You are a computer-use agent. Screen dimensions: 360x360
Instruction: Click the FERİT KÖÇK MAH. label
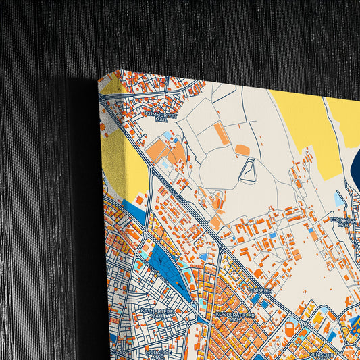point(342,222)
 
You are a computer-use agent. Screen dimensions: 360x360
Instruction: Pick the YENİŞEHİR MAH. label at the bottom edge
point(321,355)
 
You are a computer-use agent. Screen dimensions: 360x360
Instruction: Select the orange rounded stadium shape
point(290,330)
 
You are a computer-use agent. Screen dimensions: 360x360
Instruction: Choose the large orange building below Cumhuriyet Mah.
point(156,150)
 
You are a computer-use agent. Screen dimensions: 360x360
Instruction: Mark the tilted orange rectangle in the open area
point(222,133)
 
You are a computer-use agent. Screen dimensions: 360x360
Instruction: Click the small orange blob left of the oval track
point(242,149)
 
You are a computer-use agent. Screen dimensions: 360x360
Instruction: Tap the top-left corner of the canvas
point(99,74)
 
